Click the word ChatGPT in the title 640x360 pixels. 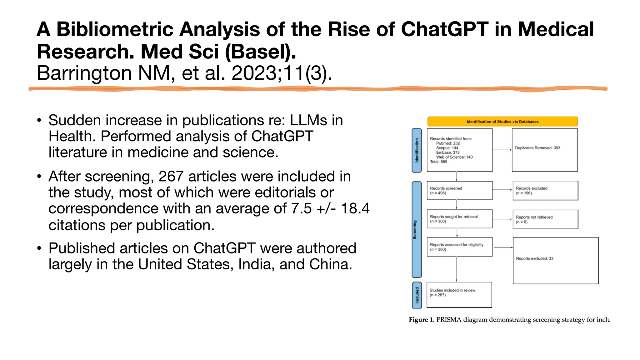(444, 29)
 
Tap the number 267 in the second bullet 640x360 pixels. (171, 177)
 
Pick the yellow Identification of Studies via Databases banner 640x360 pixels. (502, 122)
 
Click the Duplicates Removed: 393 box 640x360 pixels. (544, 150)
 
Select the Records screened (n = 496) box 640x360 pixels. (459, 191)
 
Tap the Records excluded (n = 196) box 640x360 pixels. (545, 191)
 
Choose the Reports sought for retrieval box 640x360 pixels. (459, 219)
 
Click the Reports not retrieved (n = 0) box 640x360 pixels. (545, 219)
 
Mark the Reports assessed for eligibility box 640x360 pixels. (459, 247)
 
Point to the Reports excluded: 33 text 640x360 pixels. (534, 258)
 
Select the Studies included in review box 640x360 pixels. (459, 295)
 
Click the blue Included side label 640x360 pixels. (417, 295)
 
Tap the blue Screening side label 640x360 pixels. (416, 230)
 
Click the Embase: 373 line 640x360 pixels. (447, 152)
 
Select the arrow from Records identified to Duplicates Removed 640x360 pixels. (502, 150)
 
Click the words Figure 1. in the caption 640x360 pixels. (421, 320)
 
